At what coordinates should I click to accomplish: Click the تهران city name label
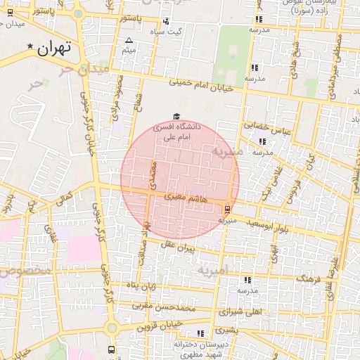tap(56, 49)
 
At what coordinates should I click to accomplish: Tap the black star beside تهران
tap(30, 47)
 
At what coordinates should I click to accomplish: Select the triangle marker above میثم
tap(129, 41)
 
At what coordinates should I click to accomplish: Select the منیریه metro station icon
tap(226, 209)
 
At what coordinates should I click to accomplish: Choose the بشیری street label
tap(226, 329)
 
